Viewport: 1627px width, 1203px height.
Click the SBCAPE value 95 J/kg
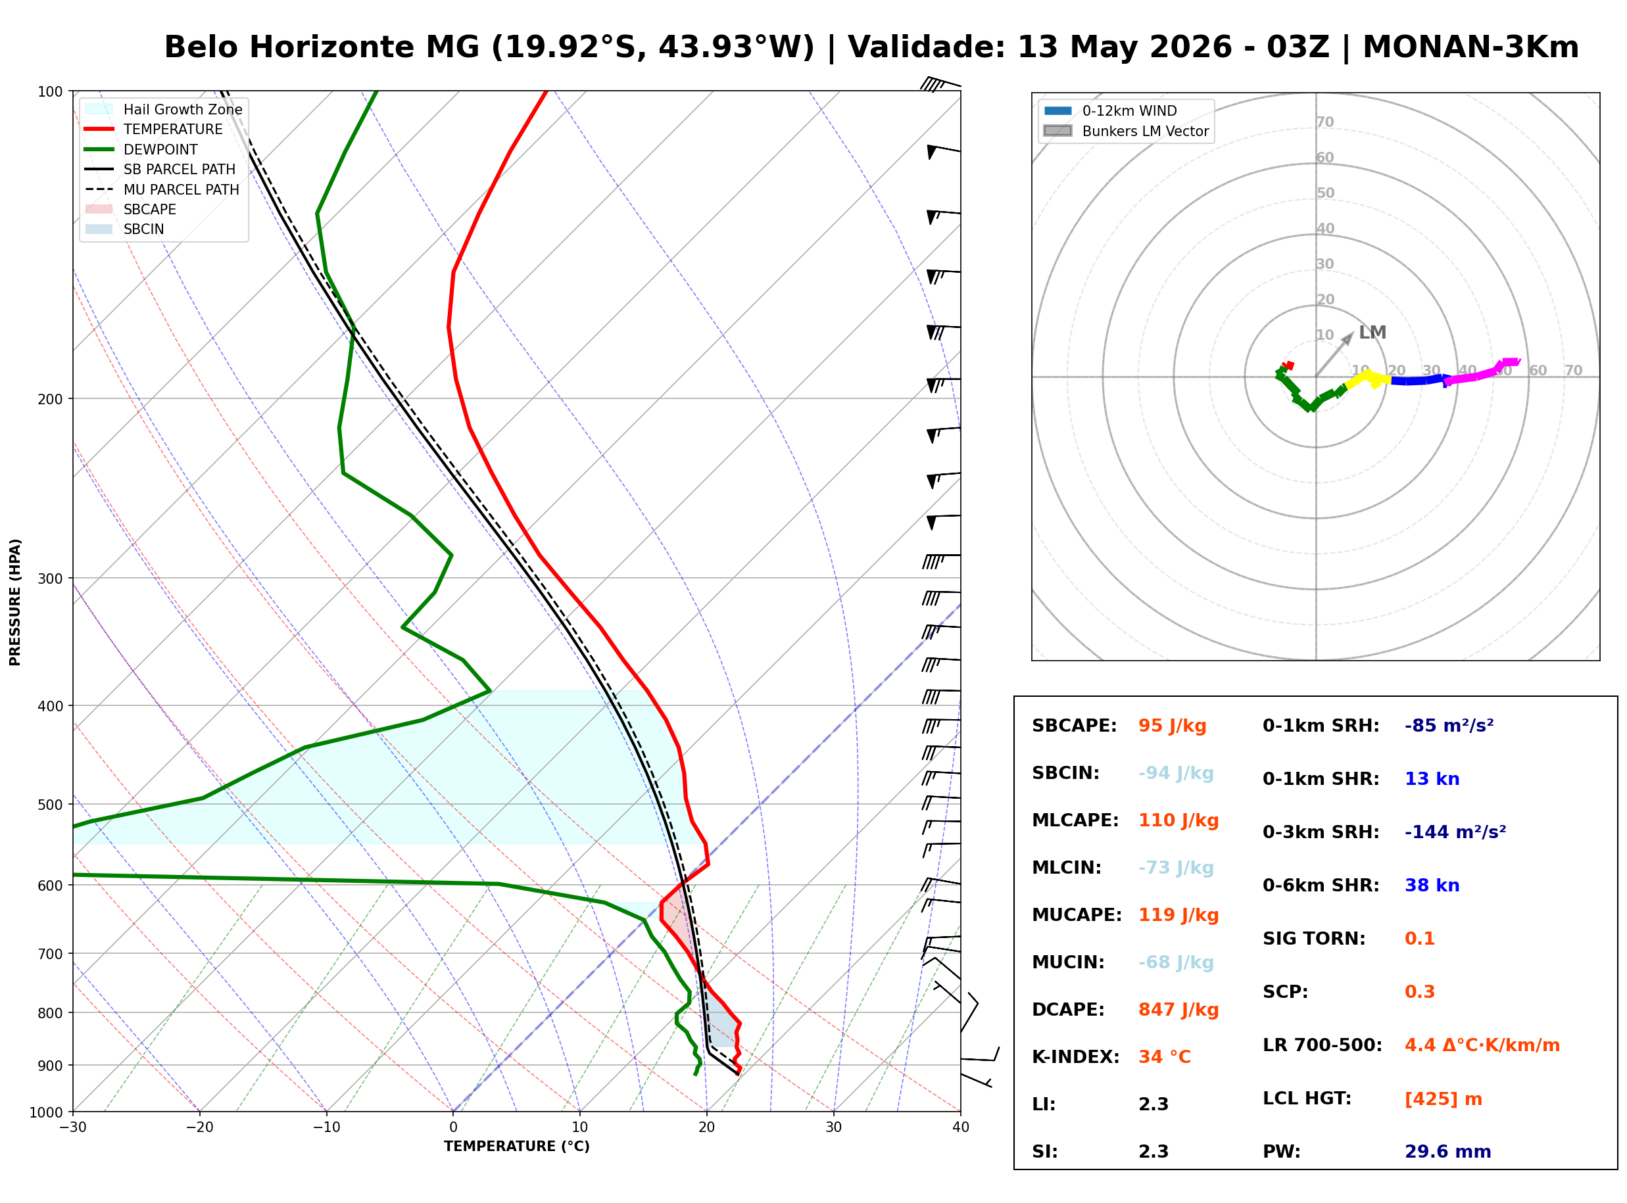(x=1172, y=726)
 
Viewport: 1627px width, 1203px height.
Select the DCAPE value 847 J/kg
(x=1178, y=1010)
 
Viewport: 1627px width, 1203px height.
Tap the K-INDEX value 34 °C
(x=1165, y=1057)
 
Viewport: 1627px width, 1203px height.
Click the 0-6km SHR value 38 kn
(x=1432, y=885)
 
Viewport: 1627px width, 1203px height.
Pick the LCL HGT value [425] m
(x=1443, y=1099)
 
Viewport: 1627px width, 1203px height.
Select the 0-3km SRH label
(x=1321, y=832)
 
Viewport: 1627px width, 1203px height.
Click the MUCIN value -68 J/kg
(x=1175, y=962)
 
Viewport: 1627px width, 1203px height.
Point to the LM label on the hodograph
(x=1372, y=333)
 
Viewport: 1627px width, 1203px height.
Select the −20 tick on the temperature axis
(x=199, y=1127)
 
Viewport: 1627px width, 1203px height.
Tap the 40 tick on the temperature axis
(x=961, y=1127)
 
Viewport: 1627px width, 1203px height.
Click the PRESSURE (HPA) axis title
(x=15, y=602)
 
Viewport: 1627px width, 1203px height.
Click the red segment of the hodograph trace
(x=1288, y=365)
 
